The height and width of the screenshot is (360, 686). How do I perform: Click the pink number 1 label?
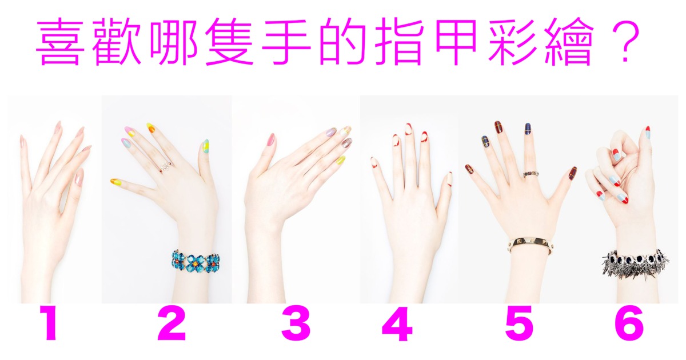[50, 323]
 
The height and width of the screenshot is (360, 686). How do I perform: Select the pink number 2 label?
[171, 323]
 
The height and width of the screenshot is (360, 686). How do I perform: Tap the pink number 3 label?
[296, 323]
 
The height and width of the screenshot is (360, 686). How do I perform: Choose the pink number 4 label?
[397, 323]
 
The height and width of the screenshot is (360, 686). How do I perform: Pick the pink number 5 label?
[520, 323]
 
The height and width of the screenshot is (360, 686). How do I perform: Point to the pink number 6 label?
[629, 323]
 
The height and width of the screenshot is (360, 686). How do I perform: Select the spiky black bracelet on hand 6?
[635, 264]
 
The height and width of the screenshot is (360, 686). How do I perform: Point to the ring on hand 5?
[531, 174]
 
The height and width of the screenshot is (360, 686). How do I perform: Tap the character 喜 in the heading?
[60, 41]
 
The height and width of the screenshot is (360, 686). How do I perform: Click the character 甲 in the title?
[456, 41]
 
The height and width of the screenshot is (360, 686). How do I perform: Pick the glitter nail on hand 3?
[346, 143]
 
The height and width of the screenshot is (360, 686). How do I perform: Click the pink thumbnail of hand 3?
[271, 140]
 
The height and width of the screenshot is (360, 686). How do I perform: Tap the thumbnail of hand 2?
[206, 147]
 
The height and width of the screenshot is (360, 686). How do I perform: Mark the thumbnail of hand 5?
[573, 173]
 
